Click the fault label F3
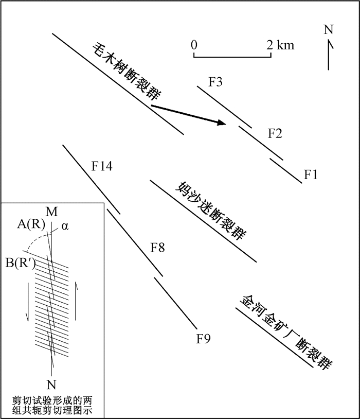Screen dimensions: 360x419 [x=215, y=82]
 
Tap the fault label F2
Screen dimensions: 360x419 [x=275, y=133]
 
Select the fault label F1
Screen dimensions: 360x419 [x=311, y=174]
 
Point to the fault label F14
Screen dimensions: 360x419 [x=102, y=166]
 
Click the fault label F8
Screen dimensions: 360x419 [x=157, y=248]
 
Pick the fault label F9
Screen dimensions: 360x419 [x=204, y=339]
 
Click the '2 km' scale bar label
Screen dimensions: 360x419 [x=280, y=45]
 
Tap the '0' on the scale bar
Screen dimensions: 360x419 [x=194, y=45]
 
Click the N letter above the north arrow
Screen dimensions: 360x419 [x=329, y=29]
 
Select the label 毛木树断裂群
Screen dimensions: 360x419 [x=128, y=72]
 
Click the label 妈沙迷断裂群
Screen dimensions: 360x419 [x=210, y=211]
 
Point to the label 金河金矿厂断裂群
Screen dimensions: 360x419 [x=286, y=333]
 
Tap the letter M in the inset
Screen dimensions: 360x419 [x=51, y=212]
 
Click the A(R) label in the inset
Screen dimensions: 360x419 [x=31, y=224]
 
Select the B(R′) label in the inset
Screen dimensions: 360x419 [x=21, y=263]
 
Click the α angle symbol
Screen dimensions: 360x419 [x=65, y=226]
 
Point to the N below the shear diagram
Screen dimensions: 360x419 [x=51, y=385]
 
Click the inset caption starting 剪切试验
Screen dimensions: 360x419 [x=52, y=406]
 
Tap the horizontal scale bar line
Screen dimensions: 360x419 [x=232, y=57]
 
